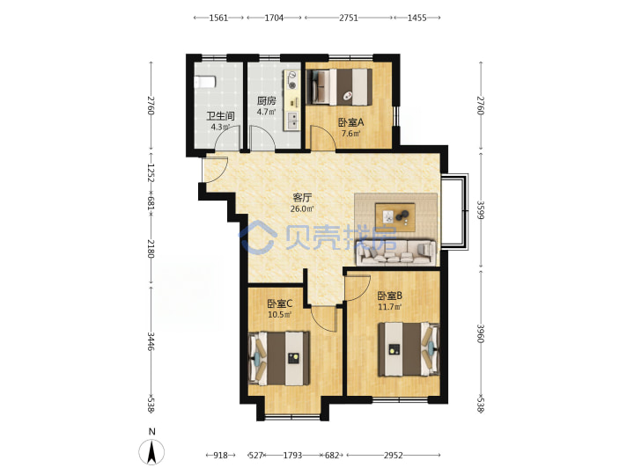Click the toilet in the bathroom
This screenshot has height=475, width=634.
coord(204,82)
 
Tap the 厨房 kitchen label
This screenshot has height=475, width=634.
coord(267,100)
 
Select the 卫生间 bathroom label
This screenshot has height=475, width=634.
coord(220,116)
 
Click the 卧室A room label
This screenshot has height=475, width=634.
coord(350,122)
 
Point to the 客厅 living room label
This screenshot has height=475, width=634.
coord(302,198)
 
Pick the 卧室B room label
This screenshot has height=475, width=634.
coord(390,296)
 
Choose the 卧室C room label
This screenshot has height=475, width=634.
coord(280,303)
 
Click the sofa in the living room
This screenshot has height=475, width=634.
coord(396,252)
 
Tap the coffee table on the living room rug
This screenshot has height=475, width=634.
coord(395,217)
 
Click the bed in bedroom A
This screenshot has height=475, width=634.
coord(339,87)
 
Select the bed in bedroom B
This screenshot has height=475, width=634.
coord(409,349)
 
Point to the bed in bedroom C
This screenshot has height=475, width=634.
coord(279,358)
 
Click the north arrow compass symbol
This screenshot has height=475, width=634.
coord(151,451)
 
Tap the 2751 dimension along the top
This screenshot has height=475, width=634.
coord(349,18)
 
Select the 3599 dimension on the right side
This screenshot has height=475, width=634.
coord(481,210)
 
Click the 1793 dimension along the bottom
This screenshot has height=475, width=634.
coord(292,456)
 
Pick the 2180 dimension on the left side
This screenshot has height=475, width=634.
coord(151,249)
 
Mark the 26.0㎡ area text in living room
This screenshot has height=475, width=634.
coord(302,208)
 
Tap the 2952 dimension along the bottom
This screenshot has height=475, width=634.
coord(393,456)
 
